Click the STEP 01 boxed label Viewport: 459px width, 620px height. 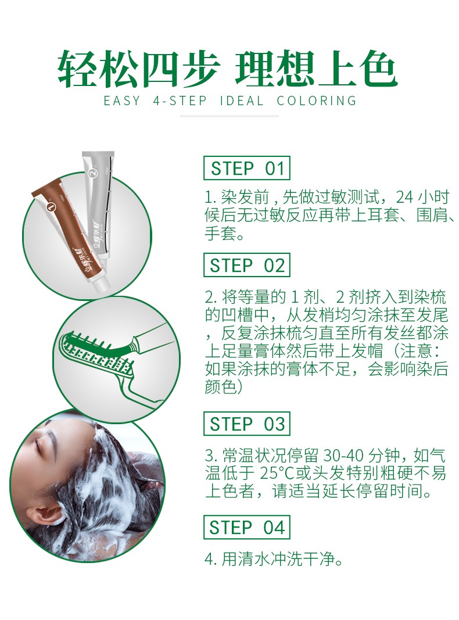[247, 169]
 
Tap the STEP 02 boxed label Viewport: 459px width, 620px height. [247, 266]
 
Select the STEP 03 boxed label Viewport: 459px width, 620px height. [247, 424]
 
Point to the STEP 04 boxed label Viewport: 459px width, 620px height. [247, 528]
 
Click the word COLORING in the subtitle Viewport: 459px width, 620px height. [317, 101]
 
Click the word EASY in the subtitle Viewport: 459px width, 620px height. [122, 101]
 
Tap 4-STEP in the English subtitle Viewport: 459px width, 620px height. [180, 101]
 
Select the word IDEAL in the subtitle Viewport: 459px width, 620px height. [242, 101]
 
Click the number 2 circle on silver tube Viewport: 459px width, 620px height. [94, 173]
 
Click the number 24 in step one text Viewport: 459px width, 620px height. [404, 196]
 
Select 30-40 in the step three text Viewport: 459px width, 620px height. [343, 455]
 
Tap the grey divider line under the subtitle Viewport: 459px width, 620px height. [229, 116]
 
